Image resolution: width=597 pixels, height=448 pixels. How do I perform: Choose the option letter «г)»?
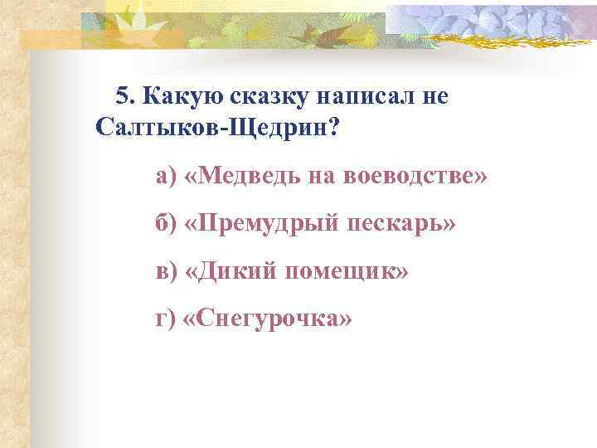pos(166,319)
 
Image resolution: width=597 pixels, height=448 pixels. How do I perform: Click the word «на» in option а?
pos(321,177)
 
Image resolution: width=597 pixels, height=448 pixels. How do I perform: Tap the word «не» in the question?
pos(434,97)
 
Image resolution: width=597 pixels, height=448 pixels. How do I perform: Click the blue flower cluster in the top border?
pos(489,21)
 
